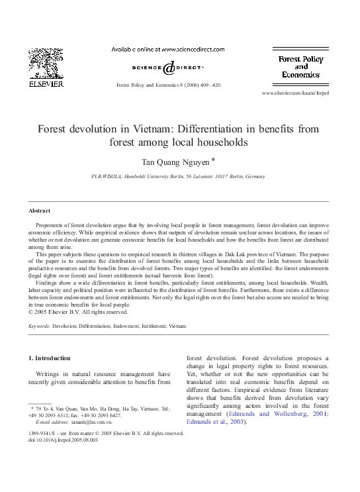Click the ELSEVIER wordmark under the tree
coord(46,85)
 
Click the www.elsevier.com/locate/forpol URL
coord(295,93)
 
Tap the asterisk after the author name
coord(212,159)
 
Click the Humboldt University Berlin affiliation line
coord(177,177)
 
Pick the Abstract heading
coord(39,211)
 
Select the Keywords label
coord(40,326)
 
